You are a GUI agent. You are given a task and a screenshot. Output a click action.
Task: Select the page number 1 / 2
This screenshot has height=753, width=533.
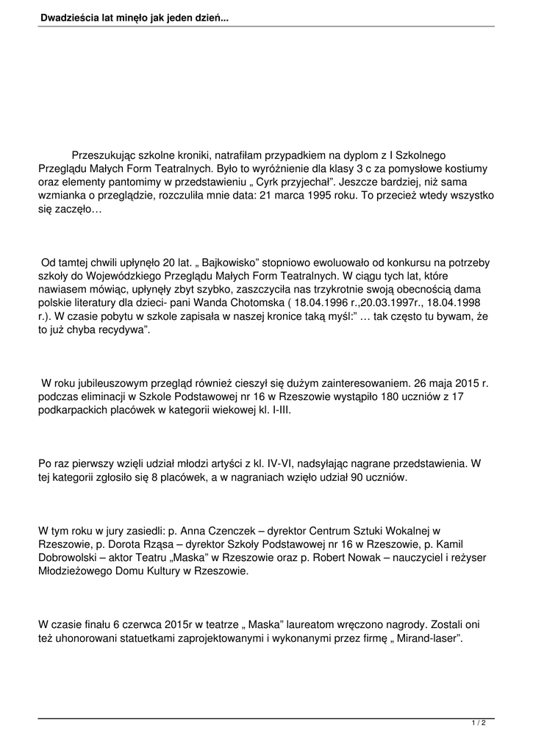click(x=479, y=724)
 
